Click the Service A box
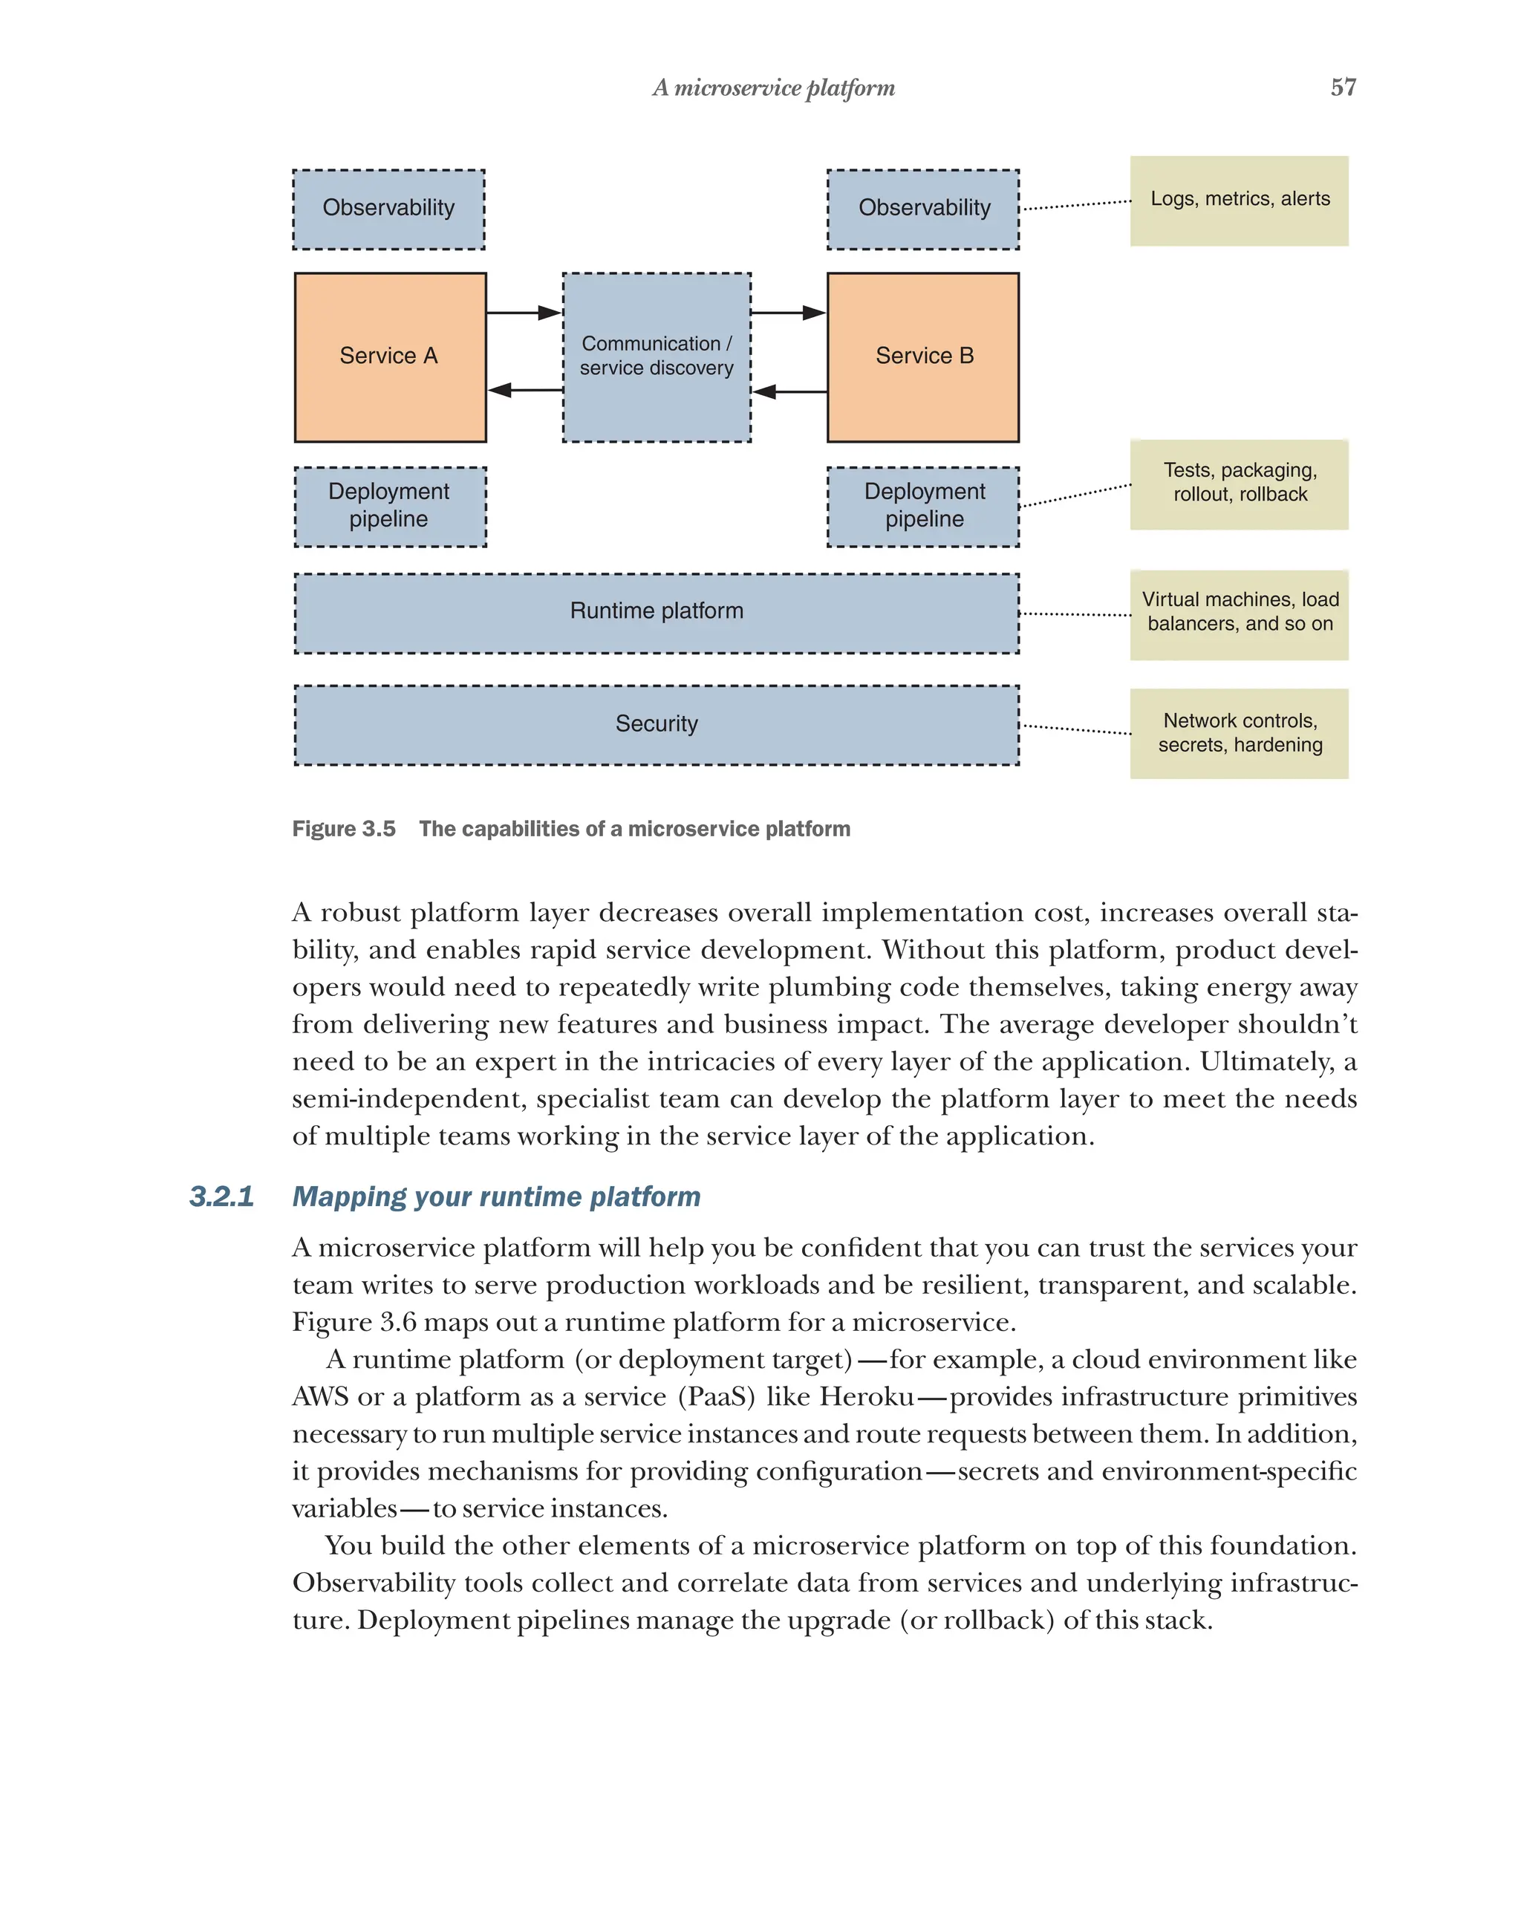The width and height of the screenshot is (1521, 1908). (389, 356)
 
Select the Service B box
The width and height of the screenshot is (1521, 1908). (923, 356)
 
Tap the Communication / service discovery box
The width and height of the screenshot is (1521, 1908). (657, 356)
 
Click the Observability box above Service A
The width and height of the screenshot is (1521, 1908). (388, 209)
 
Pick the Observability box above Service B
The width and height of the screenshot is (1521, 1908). (923, 209)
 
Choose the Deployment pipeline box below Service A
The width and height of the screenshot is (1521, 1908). (389, 507)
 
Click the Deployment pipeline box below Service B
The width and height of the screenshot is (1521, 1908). (923, 507)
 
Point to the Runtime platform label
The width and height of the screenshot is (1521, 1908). (657, 611)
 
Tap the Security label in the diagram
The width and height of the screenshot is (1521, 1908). (657, 724)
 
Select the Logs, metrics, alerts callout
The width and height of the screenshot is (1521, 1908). (1239, 200)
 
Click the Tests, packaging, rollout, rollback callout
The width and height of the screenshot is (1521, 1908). (1239, 483)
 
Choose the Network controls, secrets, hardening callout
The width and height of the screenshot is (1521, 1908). (1239, 733)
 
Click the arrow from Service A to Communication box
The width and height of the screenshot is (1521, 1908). (524, 313)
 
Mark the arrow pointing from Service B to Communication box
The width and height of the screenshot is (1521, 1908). (789, 391)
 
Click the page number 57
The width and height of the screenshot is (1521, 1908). (1342, 88)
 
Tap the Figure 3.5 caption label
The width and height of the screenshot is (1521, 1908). (344, 828)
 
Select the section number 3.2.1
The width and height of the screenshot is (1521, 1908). (221, 1196)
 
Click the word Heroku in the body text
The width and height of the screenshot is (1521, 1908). (866, 1396)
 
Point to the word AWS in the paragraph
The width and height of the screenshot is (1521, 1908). (320, 1396)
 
